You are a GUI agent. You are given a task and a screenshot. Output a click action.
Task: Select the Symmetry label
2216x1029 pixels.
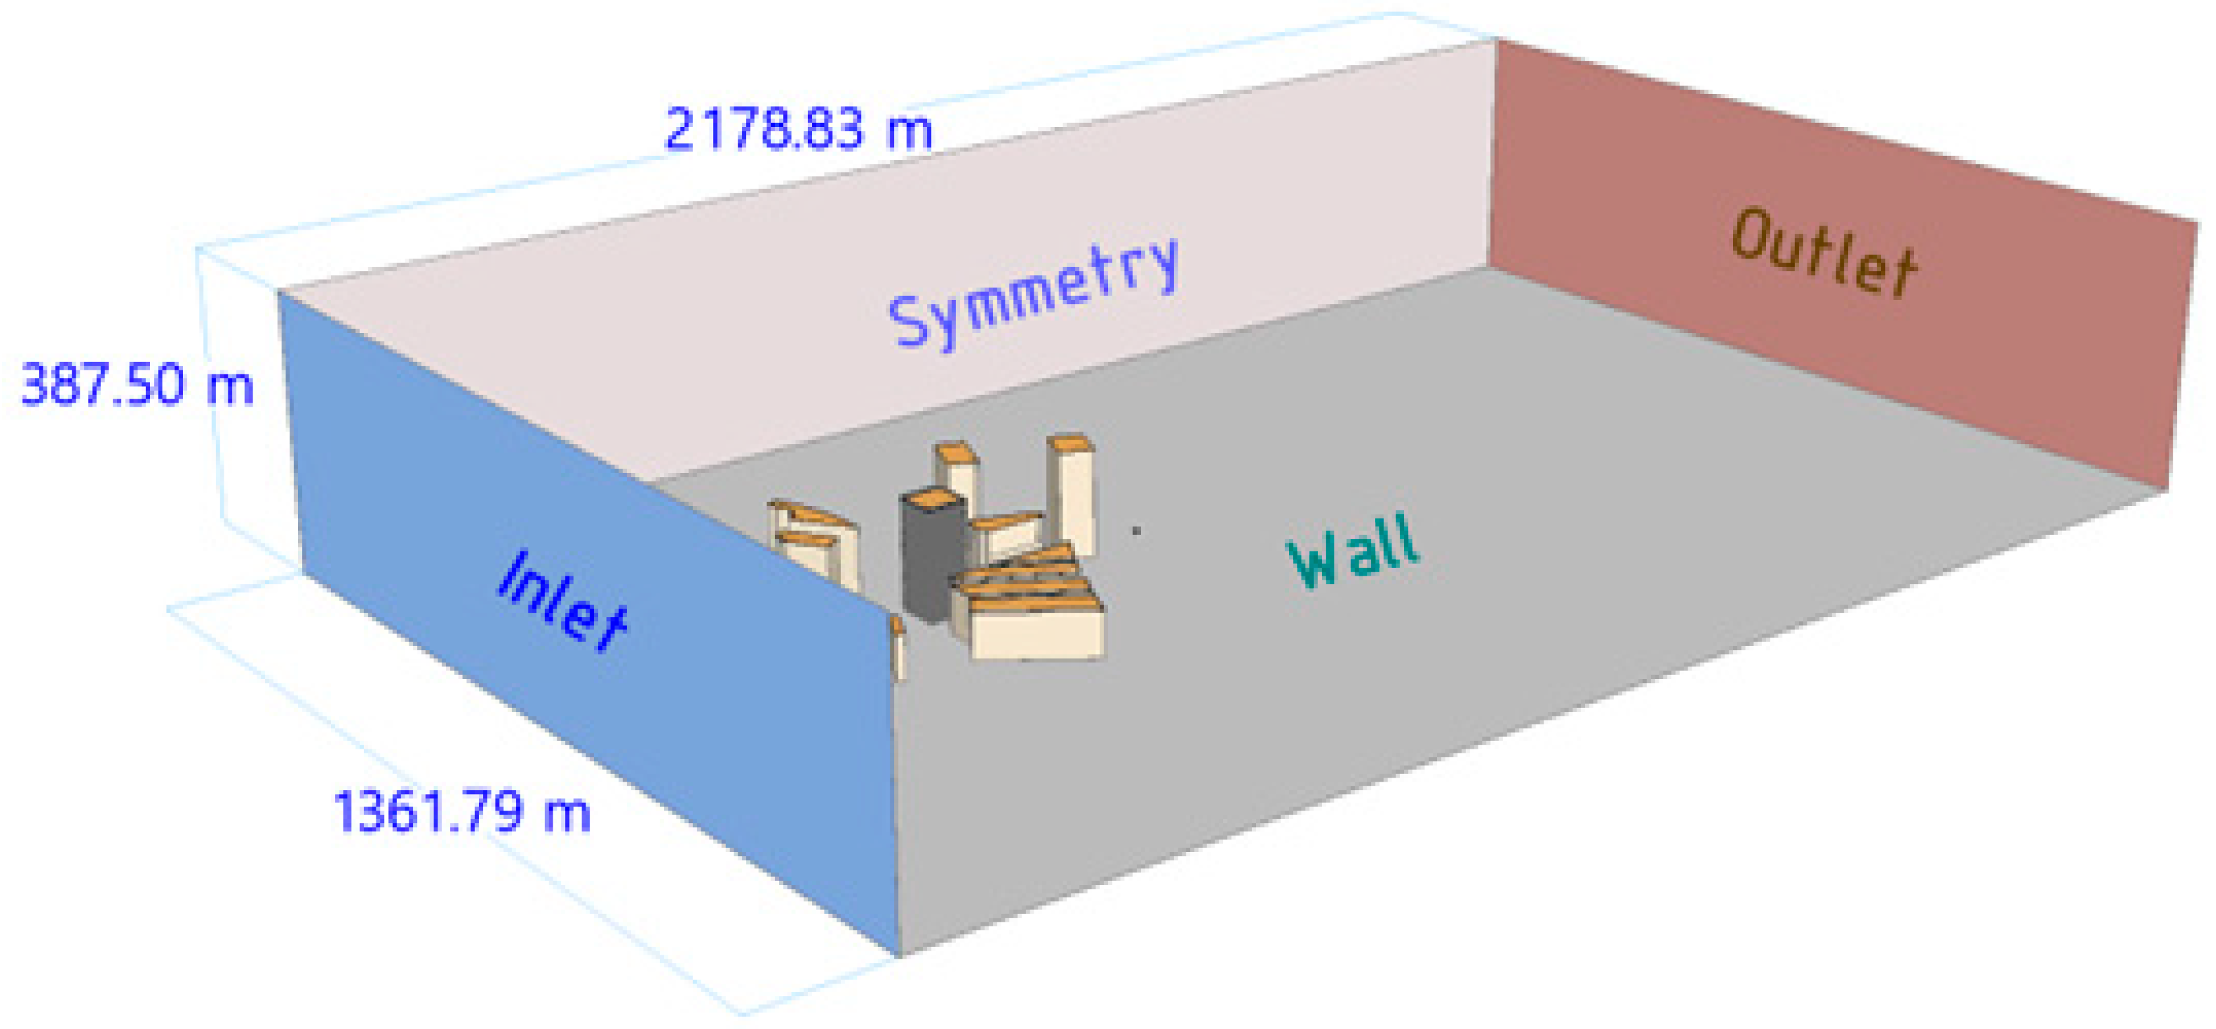tap(1032, 293)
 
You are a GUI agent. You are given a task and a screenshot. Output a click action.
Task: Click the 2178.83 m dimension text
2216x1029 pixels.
tap(798, 129)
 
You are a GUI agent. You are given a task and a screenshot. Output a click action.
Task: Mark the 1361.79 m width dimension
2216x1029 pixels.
tap(462, 811)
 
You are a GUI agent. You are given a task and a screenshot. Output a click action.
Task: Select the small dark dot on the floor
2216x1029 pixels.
tap(1136, 531)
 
